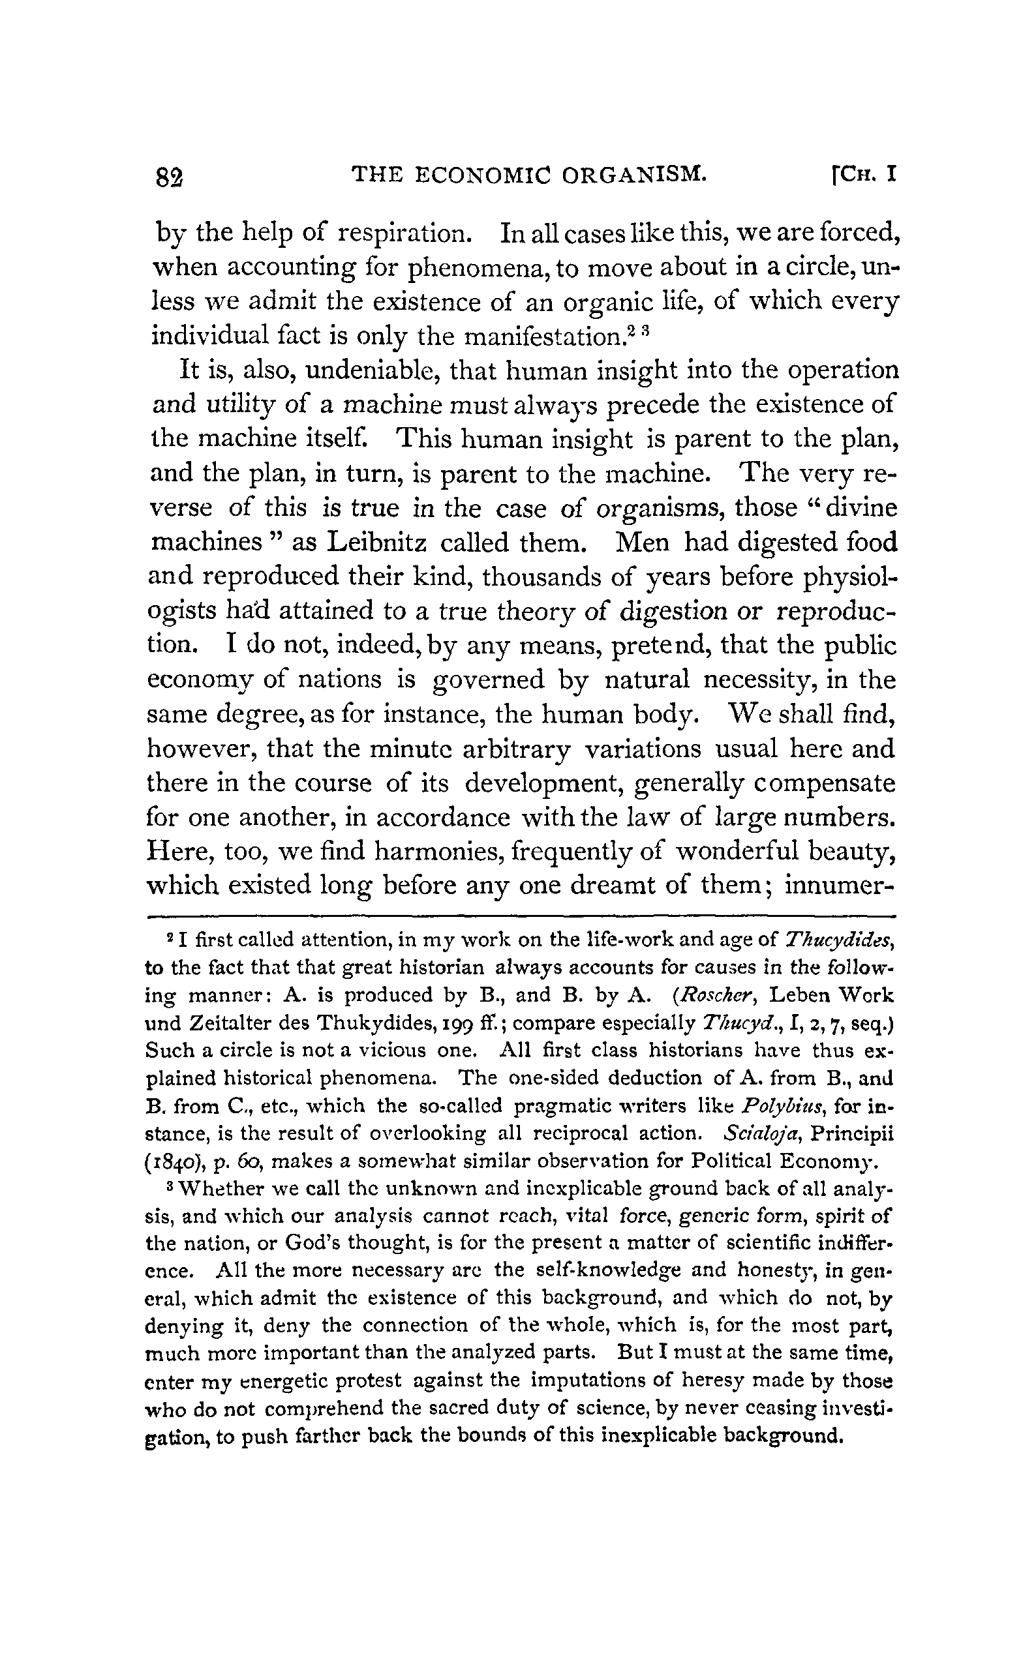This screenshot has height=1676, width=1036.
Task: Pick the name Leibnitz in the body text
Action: coord(377,543)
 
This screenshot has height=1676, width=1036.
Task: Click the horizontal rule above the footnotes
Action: coord(521,916)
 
